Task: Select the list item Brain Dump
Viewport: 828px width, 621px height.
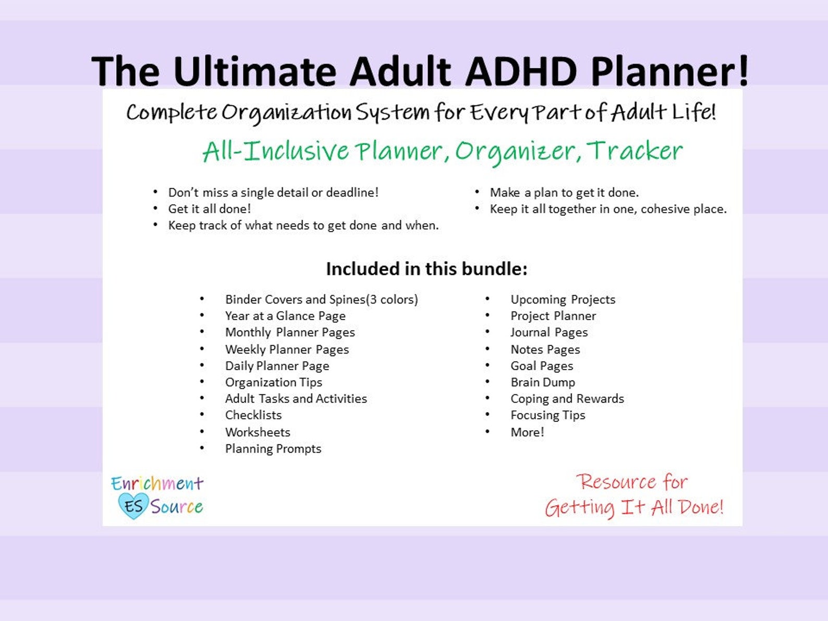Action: tap(542, 382)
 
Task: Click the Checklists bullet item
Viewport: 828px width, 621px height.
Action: tap(253, 415)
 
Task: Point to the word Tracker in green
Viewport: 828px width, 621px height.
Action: tap(635, 151)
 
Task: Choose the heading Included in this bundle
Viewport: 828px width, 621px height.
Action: tap(427, 269)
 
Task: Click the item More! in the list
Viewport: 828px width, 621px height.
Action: tap(527, 432)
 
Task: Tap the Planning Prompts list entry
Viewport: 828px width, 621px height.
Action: tap(273, 448)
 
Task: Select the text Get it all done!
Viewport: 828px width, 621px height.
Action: tap(209, 209)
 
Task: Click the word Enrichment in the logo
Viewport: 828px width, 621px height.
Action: tap(157, 483)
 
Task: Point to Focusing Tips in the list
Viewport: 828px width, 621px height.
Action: tap(547, 415)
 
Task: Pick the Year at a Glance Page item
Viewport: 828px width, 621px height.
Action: tap(285, 316)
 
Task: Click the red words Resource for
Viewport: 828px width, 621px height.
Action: tap(631, 482)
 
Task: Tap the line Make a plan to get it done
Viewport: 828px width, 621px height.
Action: tap(564, 192)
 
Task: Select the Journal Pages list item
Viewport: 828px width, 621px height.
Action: tap(549, 333)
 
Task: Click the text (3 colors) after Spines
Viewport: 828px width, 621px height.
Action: tap(392, 299)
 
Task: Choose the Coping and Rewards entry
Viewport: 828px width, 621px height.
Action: tap(567, 399)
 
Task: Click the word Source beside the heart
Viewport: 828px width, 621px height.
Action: tap(177, 506)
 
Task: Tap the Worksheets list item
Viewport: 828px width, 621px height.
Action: tap(258, 432)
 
